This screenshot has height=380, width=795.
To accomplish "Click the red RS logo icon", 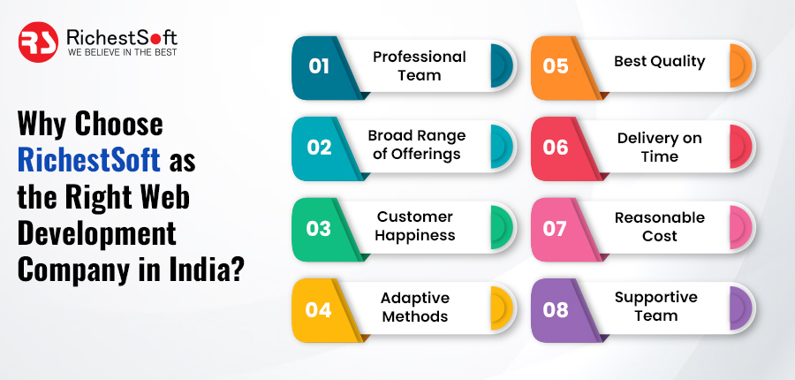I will [x=38, y=42].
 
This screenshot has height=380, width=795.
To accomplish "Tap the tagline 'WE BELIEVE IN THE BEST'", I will [x=122, y=52].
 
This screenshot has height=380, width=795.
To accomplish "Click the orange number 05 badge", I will [x=556, y=67].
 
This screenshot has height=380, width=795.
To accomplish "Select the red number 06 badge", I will [x=556, y=148].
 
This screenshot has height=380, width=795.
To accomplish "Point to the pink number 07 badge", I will [x=556, y=228].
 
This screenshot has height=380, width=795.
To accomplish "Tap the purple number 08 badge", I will [x=556, y=309].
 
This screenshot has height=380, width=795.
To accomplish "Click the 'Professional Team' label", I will [x=419, y=66].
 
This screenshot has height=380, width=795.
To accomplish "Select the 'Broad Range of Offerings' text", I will [x=416, y=145].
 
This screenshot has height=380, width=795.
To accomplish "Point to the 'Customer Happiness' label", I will [x=415, y=226].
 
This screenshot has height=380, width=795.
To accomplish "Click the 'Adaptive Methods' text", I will [x=415, y=307].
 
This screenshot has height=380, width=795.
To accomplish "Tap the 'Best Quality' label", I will [x=659, y=61].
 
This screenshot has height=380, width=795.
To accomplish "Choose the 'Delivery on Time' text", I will [x=659, y=147].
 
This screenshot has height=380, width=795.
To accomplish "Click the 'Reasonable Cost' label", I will [x=659, y=226].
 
